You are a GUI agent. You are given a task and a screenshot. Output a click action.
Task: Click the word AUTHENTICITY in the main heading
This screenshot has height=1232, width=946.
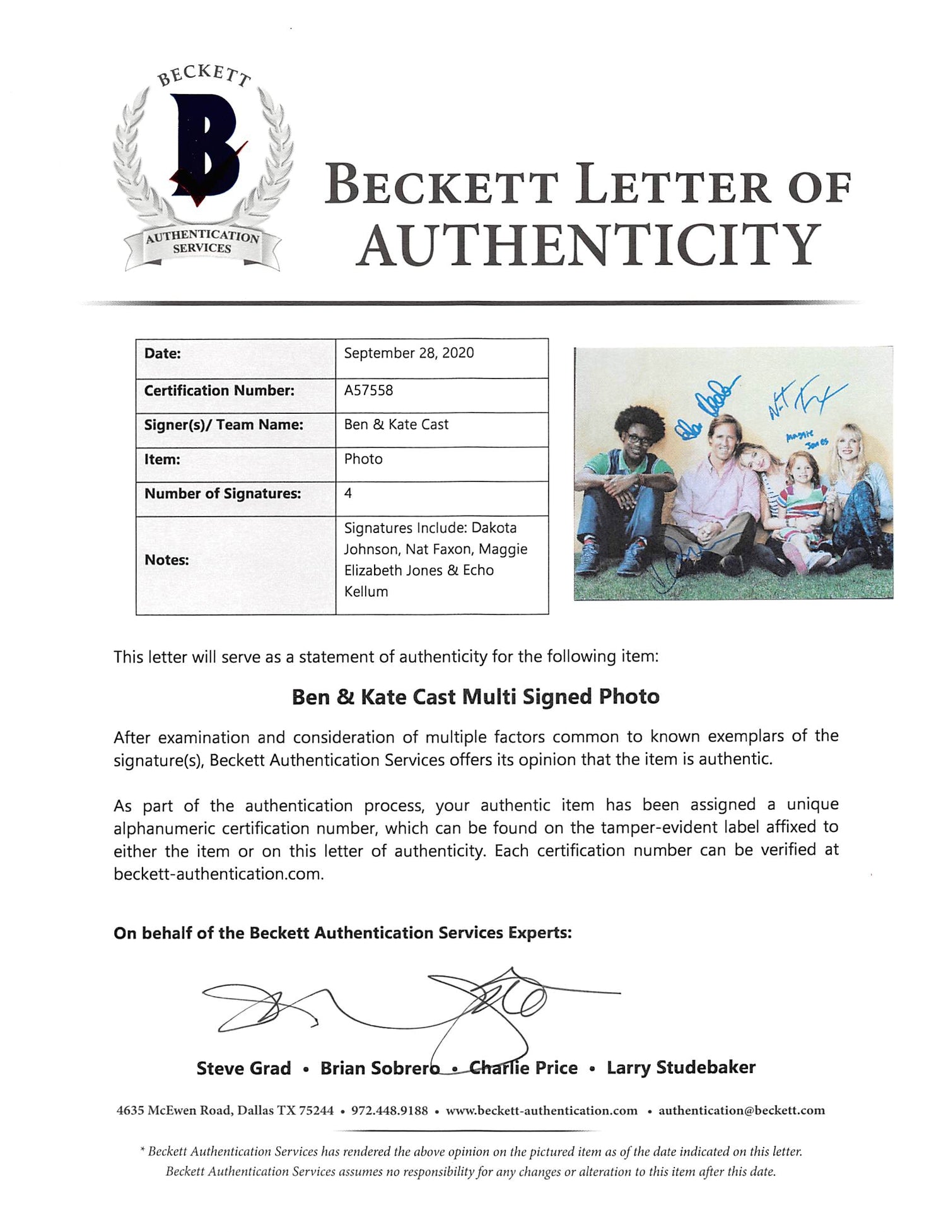pos(588,245)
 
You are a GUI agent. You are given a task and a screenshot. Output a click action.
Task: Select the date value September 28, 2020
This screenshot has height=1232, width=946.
pos(409,353)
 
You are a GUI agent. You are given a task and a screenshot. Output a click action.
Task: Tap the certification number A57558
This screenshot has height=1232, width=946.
pos(368,390)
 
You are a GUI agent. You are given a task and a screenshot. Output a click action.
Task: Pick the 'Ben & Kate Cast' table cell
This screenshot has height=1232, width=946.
pos(396,425)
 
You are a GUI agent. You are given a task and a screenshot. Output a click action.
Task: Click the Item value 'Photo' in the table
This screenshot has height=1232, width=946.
pos(363,459)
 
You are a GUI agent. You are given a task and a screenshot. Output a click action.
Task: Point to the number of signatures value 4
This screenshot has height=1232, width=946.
pos(348,493)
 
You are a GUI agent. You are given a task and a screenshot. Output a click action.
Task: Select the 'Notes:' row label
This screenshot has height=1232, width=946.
pos(166,560)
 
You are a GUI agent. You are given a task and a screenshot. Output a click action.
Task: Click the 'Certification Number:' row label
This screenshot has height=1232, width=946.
pos(219,390)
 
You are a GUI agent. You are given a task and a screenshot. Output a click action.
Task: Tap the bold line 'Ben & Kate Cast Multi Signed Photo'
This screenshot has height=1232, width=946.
pos(476,696)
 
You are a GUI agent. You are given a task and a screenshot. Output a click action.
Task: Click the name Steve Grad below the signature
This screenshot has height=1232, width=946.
pos(243,1068)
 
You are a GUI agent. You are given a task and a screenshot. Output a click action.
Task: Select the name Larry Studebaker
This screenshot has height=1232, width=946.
pos(681,1067)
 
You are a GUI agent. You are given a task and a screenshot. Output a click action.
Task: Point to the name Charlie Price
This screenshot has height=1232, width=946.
pos(523,1068)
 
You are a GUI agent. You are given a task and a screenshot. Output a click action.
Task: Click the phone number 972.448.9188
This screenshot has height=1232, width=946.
pos(389,1111)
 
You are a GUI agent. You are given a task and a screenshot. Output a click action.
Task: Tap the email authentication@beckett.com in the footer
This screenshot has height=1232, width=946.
pos(742,1111)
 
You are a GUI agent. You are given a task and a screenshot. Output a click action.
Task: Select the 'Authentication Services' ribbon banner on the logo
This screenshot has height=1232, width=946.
pos(202,243)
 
